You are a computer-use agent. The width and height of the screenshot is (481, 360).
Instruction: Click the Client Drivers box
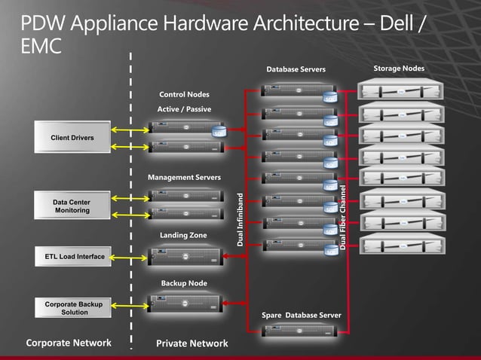pyautogui.click(x=72, y=138)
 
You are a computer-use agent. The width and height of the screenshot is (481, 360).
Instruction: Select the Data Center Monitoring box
pyautogui.click(x=72, y=206)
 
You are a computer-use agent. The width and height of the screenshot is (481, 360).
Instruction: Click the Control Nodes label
pyautogui.click(x=184, y=95)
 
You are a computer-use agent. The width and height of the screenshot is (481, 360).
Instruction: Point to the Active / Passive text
pyautogui.click(x=184, y=109)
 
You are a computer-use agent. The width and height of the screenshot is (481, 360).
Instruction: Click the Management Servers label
pyautogui.click(x=184, y=178)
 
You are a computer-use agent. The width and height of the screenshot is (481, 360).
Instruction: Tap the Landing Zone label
pyautogui.click(x=183, y=236)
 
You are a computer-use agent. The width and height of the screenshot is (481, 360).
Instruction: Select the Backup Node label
pyautogui.click(x=183, y=283)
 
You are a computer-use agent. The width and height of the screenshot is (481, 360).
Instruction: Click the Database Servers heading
pyautogui.click(x=296, y=70)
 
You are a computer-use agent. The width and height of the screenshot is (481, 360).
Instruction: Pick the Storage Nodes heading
pyautogui.click(x=399, y=69)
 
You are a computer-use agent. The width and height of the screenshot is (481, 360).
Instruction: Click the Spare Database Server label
pyautogui.click(x=302, y=314)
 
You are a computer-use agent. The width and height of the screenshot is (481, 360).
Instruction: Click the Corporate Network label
pyautogui.click(x=69, y=343)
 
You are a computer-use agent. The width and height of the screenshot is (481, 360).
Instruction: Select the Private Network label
pyautogui.click(x=191, y=343)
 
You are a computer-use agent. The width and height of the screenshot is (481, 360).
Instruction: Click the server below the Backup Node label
pyautogui.click(x=186, y=304)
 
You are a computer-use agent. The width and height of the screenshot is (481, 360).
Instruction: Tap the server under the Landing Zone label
pyautogui.click(x=186, y=256)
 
